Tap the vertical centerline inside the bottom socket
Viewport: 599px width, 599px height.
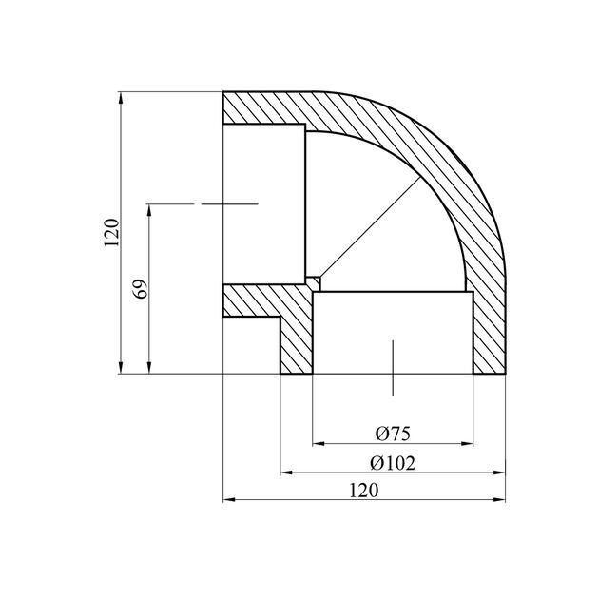393,361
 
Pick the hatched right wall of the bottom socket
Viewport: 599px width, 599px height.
488,333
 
